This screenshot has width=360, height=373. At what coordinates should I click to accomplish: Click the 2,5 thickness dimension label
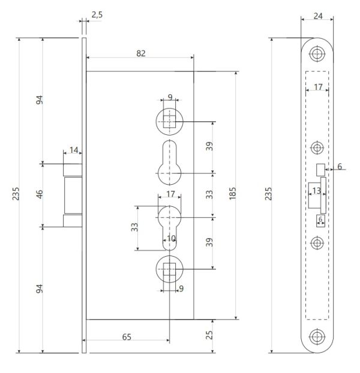pos(97,15)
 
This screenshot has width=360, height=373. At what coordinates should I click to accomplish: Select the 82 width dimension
pos(141,53)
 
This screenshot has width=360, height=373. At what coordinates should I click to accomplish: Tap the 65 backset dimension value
pos(127,337)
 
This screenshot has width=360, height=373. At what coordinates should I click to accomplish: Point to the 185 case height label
pos(232,194)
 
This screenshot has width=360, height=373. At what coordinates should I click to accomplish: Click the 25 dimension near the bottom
pos(209,335)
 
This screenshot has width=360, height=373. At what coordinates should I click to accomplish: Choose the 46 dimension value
pos(40,194)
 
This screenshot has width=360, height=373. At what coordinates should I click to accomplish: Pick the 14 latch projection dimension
pos(74,150)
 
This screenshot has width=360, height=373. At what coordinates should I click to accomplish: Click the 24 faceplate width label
pos(318,16)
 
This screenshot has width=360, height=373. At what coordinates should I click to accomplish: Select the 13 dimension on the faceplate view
pos(316,191)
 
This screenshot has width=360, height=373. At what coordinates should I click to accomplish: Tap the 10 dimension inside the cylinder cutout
pos(172,238)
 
